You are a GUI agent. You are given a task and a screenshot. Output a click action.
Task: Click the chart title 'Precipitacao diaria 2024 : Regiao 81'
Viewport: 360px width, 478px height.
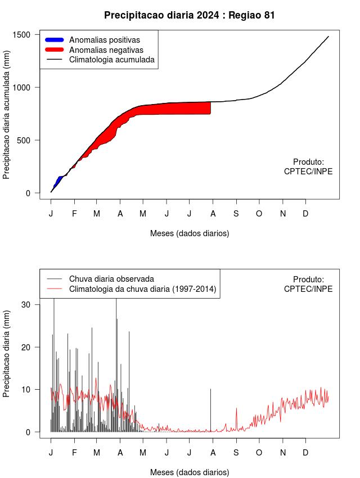point(190,15)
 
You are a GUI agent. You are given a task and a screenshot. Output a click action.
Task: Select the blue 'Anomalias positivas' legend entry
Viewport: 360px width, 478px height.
point(104,40)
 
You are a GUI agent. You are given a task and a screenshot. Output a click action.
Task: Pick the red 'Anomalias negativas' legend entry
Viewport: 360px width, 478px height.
point(106,49)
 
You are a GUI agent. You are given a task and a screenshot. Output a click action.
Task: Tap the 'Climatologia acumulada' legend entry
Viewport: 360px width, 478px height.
point(111,59)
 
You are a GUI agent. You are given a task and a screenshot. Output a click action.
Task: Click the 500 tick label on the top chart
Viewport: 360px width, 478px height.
point(24,141)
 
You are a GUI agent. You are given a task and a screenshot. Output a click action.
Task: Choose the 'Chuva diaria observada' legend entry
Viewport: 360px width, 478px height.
point(111,279)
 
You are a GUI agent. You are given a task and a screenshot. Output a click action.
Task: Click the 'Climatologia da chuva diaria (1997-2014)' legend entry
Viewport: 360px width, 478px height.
point(142,289)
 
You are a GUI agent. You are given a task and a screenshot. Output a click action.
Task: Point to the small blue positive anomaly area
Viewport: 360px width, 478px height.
point(57,181)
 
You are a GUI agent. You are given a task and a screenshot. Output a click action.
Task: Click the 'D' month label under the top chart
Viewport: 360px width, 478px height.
point(305,214)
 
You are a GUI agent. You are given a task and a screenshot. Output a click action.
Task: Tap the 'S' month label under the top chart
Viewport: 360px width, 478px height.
point(236,214)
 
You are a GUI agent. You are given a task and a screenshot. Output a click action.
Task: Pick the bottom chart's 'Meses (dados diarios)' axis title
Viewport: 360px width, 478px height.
point(190,472)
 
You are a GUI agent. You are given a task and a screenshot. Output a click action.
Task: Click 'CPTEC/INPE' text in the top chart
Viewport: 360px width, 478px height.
point(308,172)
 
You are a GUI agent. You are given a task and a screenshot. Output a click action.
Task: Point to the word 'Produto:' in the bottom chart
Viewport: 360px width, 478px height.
point(308,279)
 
